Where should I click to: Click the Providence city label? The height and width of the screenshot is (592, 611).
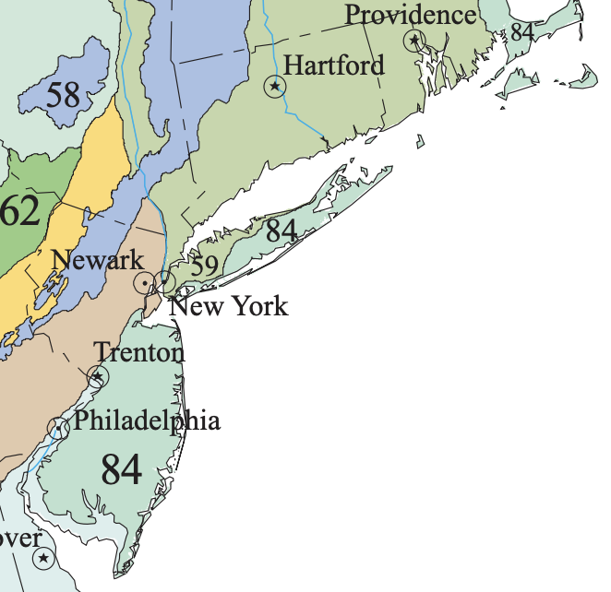tap(411, 16)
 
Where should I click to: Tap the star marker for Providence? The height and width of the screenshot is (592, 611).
tap(414, 40)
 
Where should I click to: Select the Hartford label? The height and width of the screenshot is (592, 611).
tap(334, 65)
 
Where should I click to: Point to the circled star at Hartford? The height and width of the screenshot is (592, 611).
tap(275, 87)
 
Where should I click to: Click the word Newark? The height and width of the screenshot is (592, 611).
tap(98, 260)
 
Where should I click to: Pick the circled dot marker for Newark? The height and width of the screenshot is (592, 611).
tap(145, 282)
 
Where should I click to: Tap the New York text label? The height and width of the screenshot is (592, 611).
tap(229, 306)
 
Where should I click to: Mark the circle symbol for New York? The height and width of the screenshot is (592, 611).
tap(165, 280)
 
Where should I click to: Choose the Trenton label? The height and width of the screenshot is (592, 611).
tap(139, 352)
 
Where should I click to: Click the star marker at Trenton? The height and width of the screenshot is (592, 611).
tap(98, 376)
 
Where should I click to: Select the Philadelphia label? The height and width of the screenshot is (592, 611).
tap(148, 421)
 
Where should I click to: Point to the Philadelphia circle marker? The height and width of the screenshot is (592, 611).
tap(58, 427)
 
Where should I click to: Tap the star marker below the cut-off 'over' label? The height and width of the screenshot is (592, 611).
tap(43, 558)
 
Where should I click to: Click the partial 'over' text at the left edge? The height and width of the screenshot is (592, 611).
tap(20, 538)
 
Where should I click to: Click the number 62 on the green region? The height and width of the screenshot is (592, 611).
tap(19, 211)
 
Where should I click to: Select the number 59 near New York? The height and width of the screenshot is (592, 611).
tap(204, 266)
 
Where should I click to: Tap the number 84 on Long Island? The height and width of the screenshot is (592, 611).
tap(281, 231)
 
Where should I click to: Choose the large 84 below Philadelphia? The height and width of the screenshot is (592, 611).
tap(121, 469)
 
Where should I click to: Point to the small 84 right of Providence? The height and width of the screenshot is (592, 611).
tap(522, 32)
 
